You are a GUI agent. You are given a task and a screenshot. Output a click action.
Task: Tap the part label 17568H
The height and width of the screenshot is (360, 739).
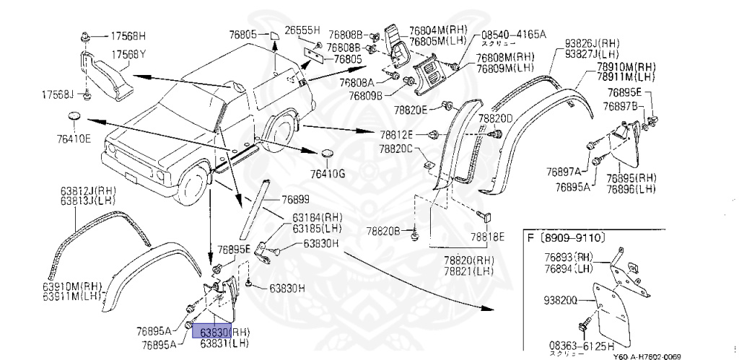[127, 35]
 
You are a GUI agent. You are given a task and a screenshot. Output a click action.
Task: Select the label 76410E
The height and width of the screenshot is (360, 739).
[75, 139]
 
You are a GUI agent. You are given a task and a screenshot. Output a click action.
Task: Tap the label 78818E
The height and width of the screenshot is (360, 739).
[488, 236]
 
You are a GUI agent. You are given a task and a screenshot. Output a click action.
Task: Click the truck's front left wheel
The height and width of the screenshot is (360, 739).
[194, 190]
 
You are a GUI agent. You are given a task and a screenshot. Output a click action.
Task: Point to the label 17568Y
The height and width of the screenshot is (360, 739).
[127, 55]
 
